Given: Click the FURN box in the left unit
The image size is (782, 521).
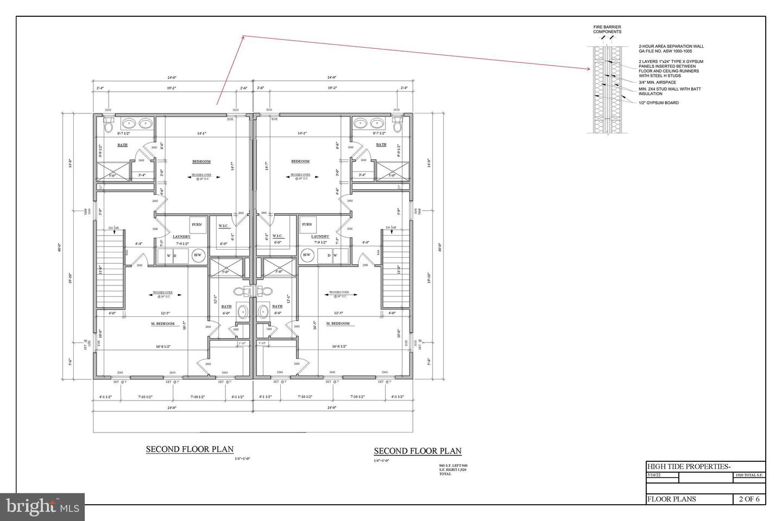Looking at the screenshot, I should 197,225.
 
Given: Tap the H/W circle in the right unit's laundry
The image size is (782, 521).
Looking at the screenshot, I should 307,255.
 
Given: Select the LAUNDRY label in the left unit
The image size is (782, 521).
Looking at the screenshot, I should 181,237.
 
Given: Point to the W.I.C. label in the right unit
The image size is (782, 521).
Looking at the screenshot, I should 278,236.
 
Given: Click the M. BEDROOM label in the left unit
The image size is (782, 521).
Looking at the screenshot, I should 163,324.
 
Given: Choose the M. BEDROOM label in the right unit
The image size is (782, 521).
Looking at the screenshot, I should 338,324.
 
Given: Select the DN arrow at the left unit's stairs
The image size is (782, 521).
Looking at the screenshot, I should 115,230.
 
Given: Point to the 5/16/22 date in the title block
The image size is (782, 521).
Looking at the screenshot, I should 654,475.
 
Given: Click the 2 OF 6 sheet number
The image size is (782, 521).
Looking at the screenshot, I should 749,499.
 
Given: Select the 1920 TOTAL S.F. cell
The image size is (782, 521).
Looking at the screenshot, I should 749,475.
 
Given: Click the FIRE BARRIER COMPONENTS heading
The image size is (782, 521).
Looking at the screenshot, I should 607,29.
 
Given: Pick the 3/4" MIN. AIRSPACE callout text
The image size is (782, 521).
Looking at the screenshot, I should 657,82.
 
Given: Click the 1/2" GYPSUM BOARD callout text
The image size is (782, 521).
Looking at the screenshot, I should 658,103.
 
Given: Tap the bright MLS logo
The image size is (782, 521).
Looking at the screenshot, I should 42,507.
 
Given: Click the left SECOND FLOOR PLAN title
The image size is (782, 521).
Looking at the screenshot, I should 190,449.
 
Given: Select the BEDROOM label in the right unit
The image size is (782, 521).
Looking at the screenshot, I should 300,161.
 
